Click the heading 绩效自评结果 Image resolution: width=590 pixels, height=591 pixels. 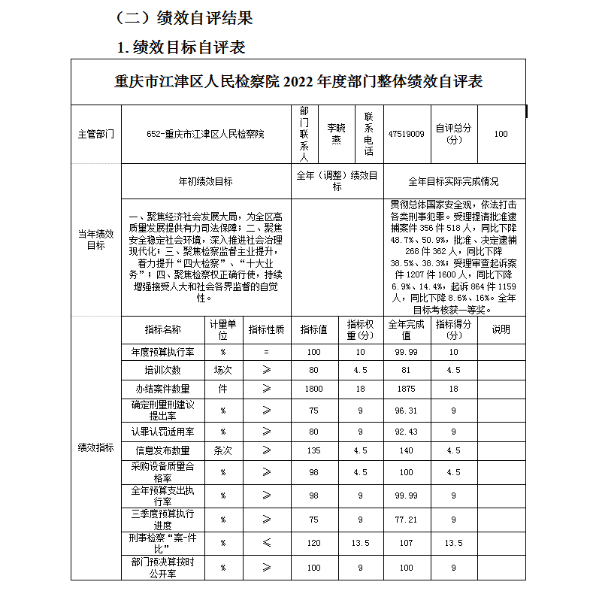coord(194,17)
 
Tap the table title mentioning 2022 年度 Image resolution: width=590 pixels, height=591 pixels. coord(298,82)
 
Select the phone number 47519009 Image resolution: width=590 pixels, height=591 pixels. coord(407,134)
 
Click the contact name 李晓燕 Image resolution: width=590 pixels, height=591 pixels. coord(336,134)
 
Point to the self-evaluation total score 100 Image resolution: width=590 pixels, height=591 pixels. coord(501,134)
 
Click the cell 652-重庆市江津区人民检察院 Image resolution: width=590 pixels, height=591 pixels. coord(205,134)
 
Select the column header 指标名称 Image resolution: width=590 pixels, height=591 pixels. coord(163,329)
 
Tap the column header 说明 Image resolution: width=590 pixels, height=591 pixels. coord(501,329)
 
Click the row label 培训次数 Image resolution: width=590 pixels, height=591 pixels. coord(163,370)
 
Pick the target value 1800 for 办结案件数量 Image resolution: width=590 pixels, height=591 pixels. coord(313,389)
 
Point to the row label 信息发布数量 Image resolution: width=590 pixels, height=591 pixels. coord(163,451)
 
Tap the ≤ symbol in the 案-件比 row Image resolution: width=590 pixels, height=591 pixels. coord(267,542)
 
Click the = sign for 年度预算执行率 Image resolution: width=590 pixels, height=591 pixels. coord(266,352)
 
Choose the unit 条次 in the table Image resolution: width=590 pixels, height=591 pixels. coord(222,451)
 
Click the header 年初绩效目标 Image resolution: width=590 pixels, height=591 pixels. coord(205,181)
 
